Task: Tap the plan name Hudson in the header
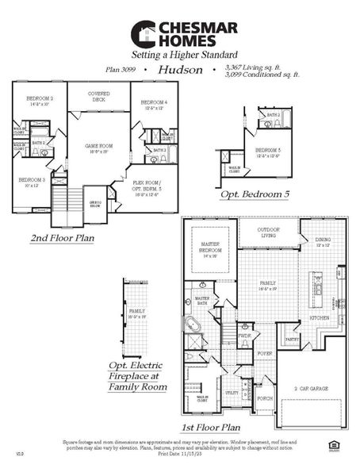pyautogui.click(x=176, y=70)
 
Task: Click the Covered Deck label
pyautogui.click(x=98, y=96)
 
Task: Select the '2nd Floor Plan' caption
pyautogui.click(x=62, y=237)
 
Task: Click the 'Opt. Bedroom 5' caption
pyautogui.click(x=255, y=193)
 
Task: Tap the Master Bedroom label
pyautogui.click(x=210, y=251)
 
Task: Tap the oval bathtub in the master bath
pyautogui.click(x=193, y=324)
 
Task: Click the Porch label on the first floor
pyautogui.click(x=264, y=398)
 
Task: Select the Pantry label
pyautogui.click(x=293, y=339)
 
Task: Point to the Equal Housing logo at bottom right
pyautogui.click(x=332, y=446)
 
